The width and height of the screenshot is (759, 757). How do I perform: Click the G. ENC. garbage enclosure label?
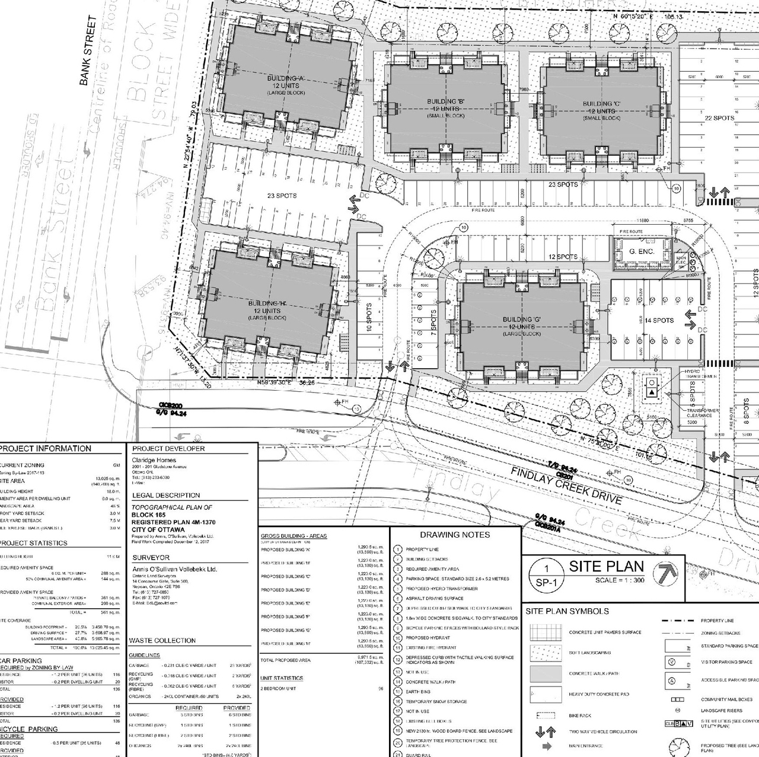(x=642, y=252)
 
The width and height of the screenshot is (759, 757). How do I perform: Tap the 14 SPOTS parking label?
(x=659, y=320)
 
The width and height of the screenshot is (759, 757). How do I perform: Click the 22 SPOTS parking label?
(x=719, y=118)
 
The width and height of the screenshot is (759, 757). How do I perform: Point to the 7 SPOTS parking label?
(x=433, y=321)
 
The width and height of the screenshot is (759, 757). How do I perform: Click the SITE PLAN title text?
(x=607, y=566)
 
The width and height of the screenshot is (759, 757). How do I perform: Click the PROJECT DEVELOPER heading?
(x=168, y=449)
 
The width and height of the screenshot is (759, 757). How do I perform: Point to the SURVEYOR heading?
(x=151, y=558)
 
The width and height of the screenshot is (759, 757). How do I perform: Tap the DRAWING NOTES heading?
(x=455, y=535)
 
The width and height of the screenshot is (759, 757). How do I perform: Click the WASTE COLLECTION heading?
(x=162, y=640)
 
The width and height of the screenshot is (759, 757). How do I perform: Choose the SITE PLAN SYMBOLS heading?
(x=567, y=611)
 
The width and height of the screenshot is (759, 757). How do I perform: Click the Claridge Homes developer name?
(x=154, y=460)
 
